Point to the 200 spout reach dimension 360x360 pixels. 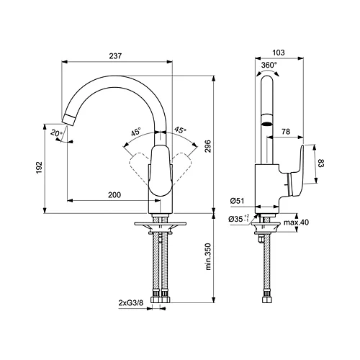pos(114,195)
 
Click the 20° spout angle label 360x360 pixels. pos(55,134)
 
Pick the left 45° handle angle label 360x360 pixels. pos(136,132)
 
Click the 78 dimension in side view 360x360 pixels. pos(287,132)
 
